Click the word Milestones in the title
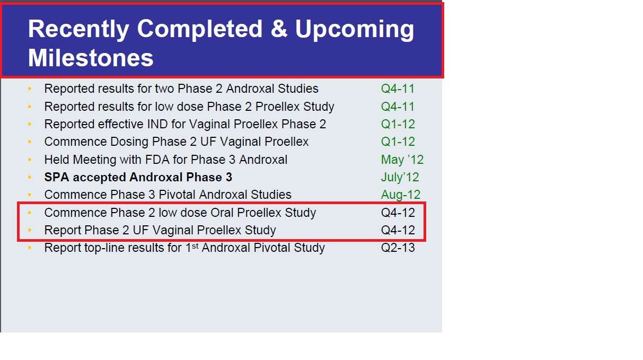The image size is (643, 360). [x=91, y=58]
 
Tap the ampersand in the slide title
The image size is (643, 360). [x=279, y=29]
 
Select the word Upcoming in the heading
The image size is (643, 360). [x=355, y=30]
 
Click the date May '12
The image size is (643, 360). [x=402, y=160]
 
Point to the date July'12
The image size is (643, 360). [x=400, y=177]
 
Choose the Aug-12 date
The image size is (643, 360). [x=400, y=195]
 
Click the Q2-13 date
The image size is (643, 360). [x=398, y=248]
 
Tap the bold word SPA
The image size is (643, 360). [x=57, y=177]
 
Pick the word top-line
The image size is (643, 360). [x=104, y=248]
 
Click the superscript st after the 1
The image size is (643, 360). [x=195, y=245]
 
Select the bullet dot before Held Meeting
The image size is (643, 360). [x=30, y=160]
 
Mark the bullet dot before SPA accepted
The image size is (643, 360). [x=30, y=177]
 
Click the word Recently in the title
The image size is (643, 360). [x=78, y=30]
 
